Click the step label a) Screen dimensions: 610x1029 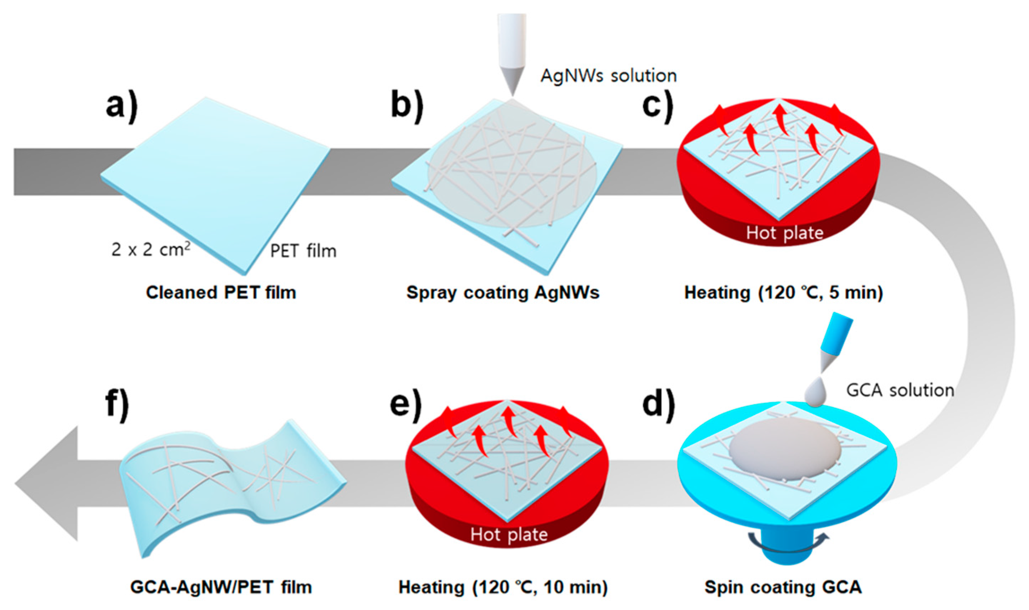click(122, 106)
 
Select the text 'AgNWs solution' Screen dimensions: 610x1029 click(609, 76)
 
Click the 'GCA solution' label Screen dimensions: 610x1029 click(900, 390)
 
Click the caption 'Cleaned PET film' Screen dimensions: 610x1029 click(221, 292)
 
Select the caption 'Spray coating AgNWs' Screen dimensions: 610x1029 click(503, 292)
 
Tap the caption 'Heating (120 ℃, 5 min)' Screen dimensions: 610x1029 click(783, 292)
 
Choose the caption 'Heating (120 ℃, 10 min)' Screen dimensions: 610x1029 click(503, 587)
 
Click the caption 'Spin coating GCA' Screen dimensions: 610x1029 click(783, 587)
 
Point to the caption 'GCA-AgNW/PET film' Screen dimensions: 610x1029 click(221, 587)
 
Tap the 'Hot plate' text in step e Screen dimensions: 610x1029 click(509, 535)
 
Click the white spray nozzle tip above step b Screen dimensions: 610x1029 click(512, 82)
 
